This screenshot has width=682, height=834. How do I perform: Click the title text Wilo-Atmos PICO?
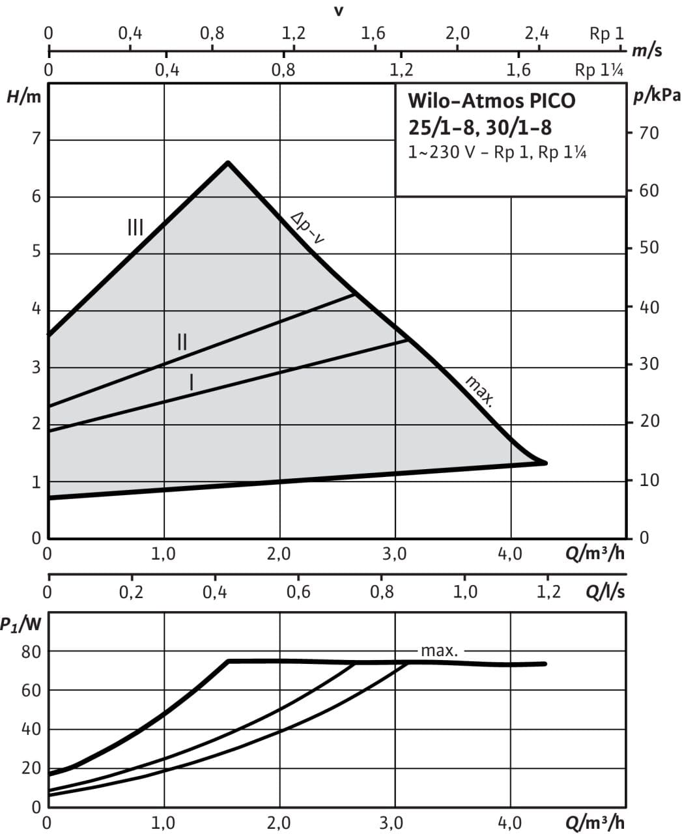[x=492, y=102]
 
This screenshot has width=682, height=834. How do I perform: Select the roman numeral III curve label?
[x=135, y=227]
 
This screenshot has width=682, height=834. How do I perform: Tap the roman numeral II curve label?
[x=182, y=341]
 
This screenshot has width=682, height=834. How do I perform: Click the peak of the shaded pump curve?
[x=228, y=162]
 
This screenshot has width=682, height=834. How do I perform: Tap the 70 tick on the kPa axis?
[x=649, y=134]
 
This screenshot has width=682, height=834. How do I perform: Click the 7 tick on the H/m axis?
[x=36, y=139]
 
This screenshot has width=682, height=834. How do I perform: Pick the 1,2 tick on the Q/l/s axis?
[x=547, y=592]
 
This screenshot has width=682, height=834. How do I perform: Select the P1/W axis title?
[x=21, y=624]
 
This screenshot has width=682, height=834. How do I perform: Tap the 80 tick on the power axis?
[x=31, y=651]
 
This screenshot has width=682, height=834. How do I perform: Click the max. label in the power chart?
[x=440, y=650]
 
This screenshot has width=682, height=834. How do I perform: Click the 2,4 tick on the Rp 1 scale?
[x=537, y=33]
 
